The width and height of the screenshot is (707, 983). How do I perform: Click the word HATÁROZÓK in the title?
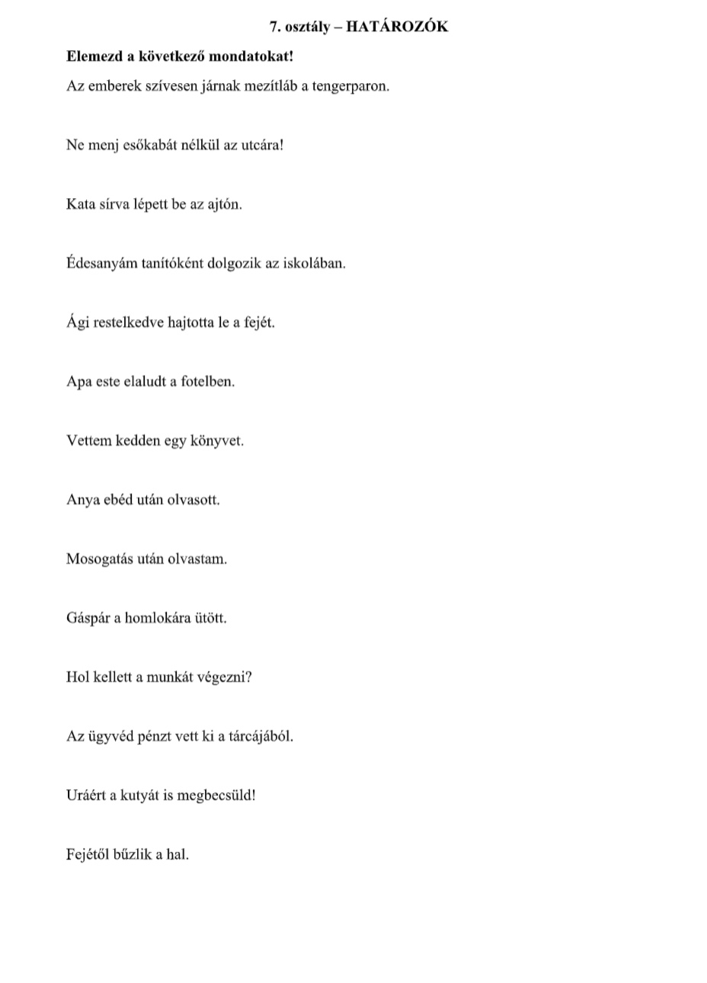click(x=397, y=27)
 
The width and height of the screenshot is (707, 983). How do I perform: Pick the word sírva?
click(x=115, y=204)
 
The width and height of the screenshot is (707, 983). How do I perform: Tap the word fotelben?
click(x=208, y=381)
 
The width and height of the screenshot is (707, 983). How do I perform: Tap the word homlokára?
click(x=169, y=618)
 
